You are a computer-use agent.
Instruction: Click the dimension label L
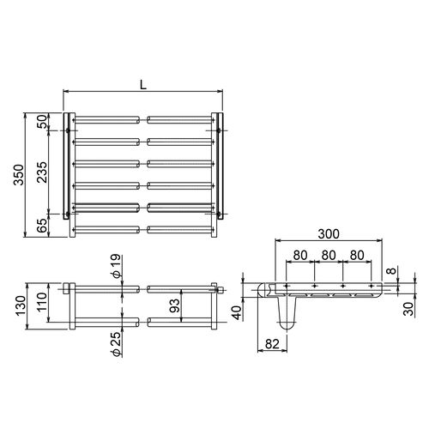pyautogui.click(x=143, y=84)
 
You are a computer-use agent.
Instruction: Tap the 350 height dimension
pyautogui.click(x=19, y=175)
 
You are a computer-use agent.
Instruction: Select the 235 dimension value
pyautogui.click(x=42, y=172)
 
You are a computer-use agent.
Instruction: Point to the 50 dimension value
pyautogui.click(x=42, y=121)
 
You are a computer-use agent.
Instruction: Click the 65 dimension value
pyautogui.click(x=42, y=226)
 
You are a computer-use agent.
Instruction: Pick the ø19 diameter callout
pyautogui.click(x=117, y=266)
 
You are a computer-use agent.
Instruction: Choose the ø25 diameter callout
pyautogui.click(x=117, y=344)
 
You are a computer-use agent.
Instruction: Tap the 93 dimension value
pyautogui.click(x=175, y=305)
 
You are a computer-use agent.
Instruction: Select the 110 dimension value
pyautogui.click(x=42, y=302)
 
